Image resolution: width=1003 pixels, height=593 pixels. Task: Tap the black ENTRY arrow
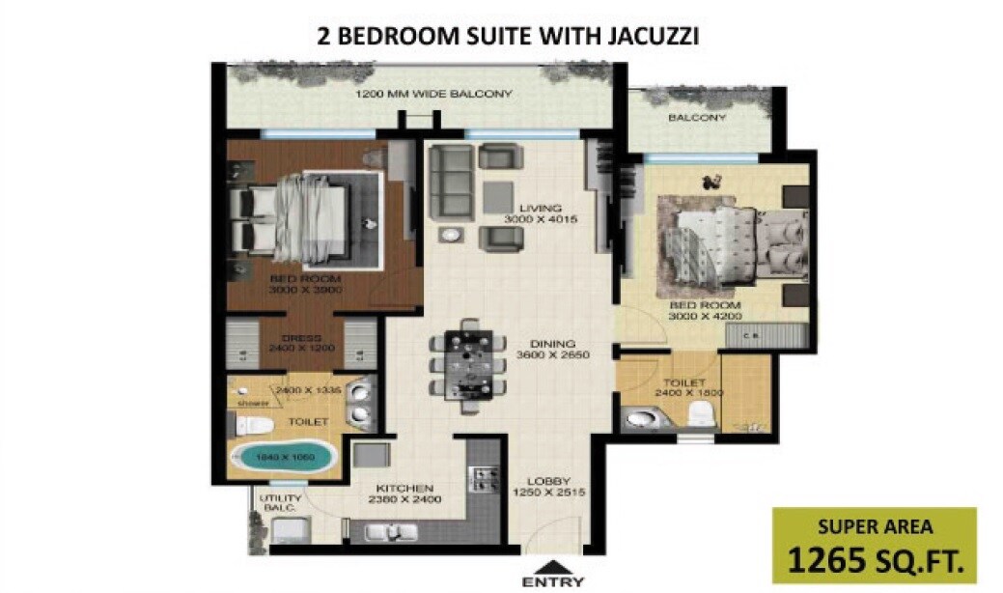click(552, 567)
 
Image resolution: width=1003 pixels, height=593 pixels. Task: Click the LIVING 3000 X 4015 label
click(533, 213)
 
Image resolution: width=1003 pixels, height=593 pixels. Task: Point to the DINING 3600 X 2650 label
click(552, 349)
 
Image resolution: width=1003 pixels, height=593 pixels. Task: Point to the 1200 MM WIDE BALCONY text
click(433, 95)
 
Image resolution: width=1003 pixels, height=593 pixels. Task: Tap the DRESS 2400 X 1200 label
click(301, 344)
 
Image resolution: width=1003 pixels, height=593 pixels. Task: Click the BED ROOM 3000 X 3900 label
click(305, 283)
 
